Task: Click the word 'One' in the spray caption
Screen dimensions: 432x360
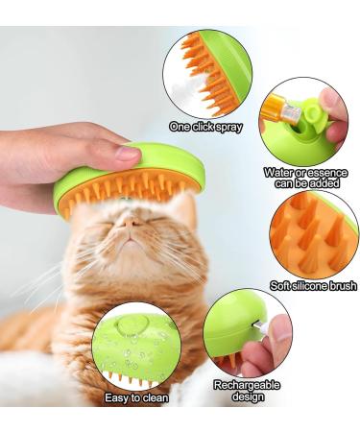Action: pyautogui.click(x=180, y=127)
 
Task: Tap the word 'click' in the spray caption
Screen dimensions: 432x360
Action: pyautogui.click(x=203, y=127)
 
